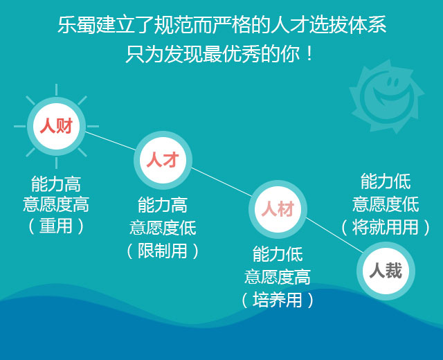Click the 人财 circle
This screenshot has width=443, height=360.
57,126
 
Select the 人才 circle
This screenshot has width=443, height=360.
163,160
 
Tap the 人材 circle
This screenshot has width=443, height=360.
278,209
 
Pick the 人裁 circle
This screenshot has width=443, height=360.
386,271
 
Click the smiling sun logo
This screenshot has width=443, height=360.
386,97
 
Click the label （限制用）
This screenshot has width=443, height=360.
163,251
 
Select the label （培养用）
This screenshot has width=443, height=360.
278,300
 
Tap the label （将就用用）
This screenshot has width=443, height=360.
386,227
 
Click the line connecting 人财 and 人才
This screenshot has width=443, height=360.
111,141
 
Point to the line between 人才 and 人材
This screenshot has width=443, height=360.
221,181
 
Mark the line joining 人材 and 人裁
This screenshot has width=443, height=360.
335,235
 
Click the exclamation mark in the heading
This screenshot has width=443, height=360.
309,54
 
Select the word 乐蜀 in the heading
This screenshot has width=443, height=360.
77,25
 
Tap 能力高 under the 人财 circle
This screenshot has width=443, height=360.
56,184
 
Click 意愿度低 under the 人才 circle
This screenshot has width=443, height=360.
163,228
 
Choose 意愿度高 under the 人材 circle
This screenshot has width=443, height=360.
278,277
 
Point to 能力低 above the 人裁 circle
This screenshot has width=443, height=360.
386,181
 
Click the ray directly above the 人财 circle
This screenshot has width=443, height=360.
57,90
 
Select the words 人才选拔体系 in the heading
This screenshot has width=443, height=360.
328,25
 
